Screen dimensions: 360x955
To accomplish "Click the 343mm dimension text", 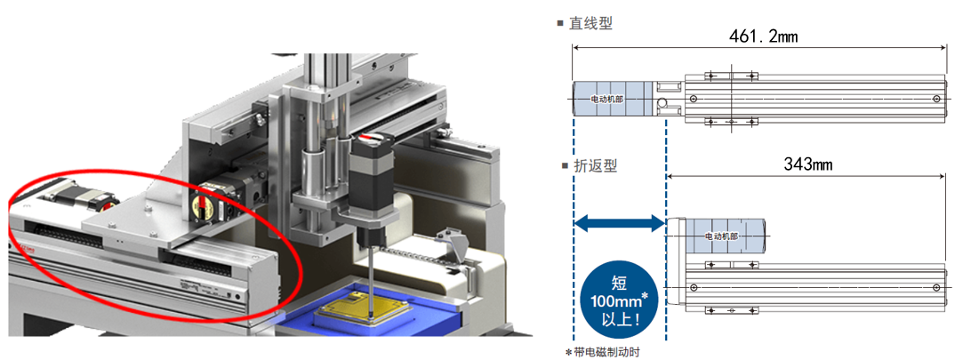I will coord(807,164).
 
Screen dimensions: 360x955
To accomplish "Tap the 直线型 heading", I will coord(591,23).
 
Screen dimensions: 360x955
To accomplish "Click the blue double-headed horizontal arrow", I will coord(620,225).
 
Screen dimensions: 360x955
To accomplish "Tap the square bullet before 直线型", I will coord(560,23).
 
